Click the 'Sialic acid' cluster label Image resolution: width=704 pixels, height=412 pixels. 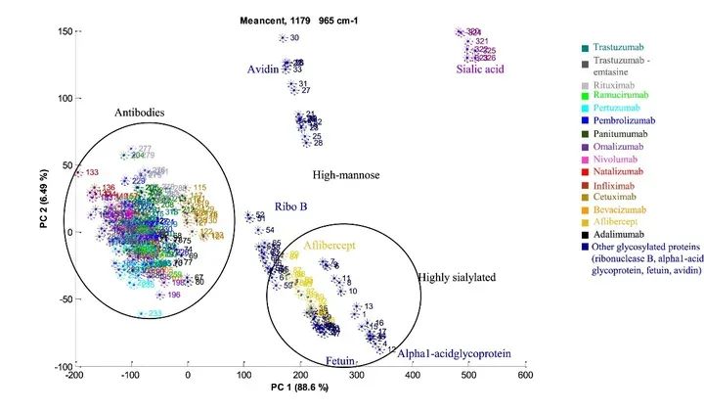pyautogui.click(x=479, y=69)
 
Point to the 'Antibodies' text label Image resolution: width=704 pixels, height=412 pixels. pyautogui.click(x=140, y=113)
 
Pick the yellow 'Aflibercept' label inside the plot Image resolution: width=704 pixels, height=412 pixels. pyautogui.click(x=334, y=248)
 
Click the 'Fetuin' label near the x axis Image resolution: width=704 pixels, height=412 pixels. pyautogui.click(x=339, y=361)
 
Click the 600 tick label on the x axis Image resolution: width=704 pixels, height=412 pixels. pyautogui.click(x=526, y=375)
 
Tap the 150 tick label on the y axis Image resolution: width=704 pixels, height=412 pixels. pyautogui.click(x=62, y=32)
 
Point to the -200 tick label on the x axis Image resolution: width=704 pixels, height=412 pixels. pyautogui.click(x=74, y=375)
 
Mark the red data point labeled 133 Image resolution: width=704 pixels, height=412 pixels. pyautogui.click(x=78, y=173)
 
